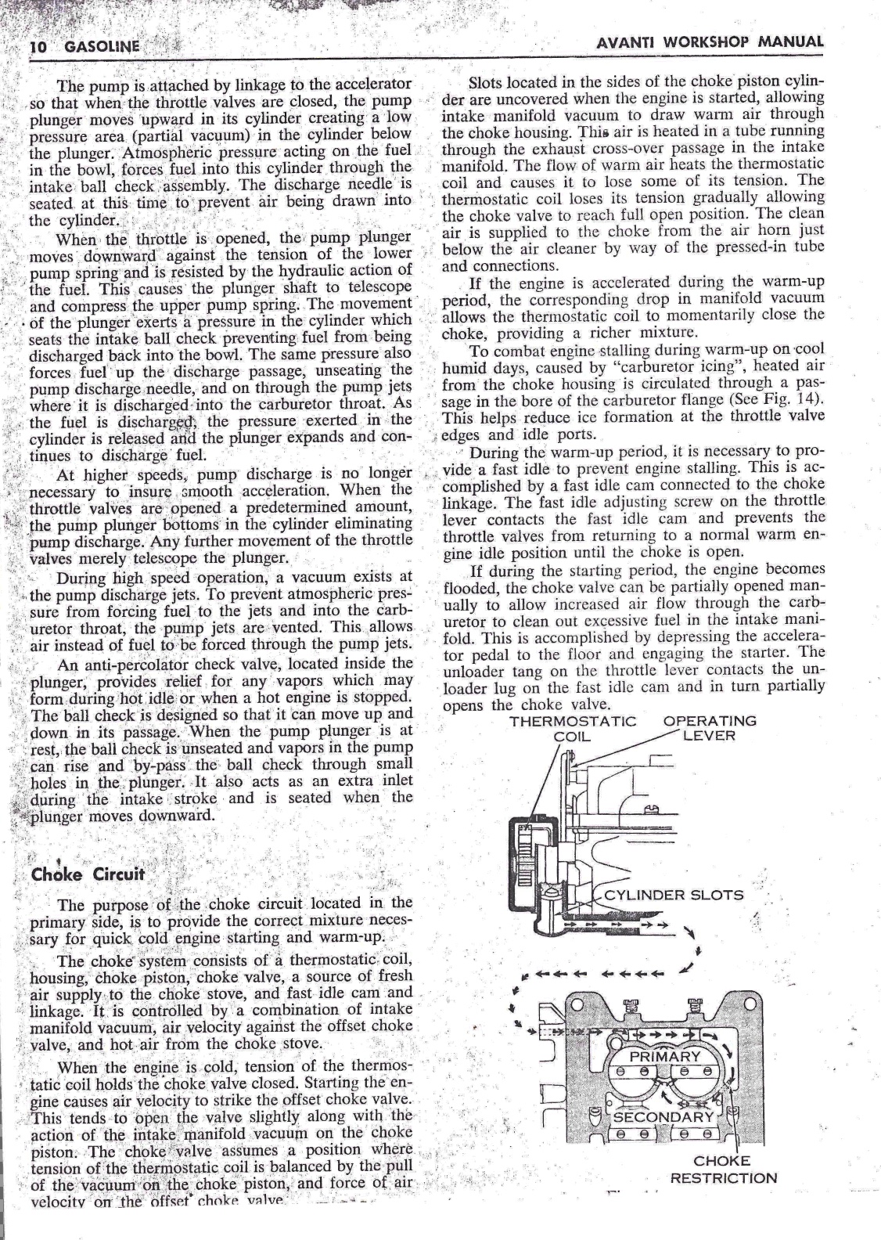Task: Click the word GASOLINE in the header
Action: [x=102, y=46]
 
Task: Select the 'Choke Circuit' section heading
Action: [x=88, y=874]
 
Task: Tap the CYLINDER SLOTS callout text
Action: [x=672, y=896]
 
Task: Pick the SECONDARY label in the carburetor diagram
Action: [x=663, y=1116]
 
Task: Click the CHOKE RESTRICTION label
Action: [x=723, y=1170]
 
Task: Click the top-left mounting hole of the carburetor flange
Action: [x=577, y=1004]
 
